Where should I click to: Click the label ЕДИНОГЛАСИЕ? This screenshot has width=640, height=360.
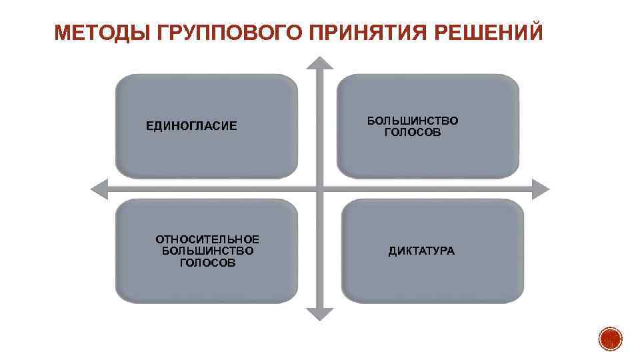point(191,126)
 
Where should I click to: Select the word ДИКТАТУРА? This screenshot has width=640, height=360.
point(421,251)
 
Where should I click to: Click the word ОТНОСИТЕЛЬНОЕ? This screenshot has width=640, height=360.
point(207,239)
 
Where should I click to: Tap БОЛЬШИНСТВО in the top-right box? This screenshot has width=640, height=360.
point(413,121)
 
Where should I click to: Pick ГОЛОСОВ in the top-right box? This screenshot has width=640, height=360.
point(413,133)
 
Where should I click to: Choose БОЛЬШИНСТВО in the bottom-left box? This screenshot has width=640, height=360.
point(207,251)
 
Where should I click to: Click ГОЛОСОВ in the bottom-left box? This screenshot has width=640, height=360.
point(207,263)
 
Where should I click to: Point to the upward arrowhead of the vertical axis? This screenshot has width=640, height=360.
point(321,63)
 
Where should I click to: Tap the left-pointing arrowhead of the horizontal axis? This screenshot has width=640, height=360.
point(99,189)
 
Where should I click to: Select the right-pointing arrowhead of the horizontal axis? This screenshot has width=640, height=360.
point(541,189)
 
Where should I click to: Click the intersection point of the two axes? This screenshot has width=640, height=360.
point(321,189)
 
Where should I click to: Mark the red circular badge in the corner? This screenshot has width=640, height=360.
point(610,339)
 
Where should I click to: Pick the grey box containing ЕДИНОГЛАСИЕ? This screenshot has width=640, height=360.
point(207,126)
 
